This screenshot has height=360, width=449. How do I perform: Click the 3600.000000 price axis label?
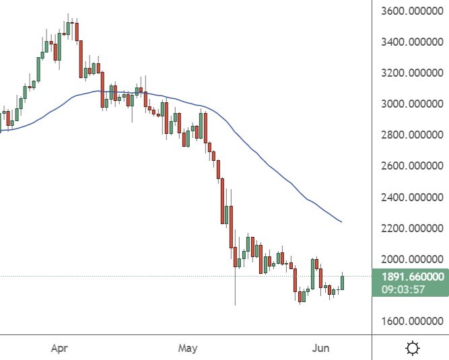410,11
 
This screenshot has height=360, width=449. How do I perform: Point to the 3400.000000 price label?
410,42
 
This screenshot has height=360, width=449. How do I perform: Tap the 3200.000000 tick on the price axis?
410,73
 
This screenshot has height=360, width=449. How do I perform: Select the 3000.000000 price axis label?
410,104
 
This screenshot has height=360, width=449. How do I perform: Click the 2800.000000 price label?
410,135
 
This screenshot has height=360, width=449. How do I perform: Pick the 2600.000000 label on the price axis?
410,166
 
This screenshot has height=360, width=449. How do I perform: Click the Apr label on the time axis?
61,349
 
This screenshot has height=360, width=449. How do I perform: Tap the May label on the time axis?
188,349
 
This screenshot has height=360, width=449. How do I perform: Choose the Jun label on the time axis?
320,349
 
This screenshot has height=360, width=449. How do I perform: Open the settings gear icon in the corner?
412,349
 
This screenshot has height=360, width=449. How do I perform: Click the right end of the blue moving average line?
341,222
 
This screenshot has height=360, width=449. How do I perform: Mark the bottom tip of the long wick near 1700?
235,305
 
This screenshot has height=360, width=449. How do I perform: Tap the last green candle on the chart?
343,283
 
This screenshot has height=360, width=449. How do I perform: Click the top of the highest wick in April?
69,13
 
